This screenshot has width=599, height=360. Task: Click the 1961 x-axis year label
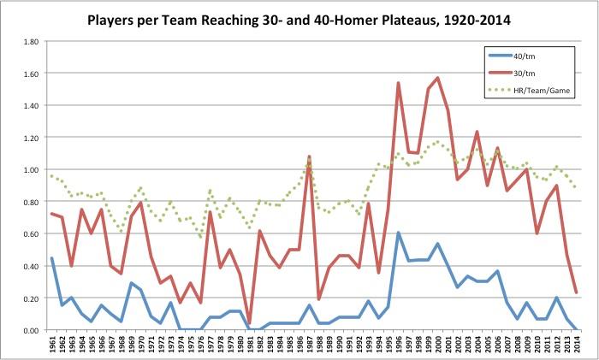(53, 345)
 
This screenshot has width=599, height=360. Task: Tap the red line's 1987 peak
(309, 156)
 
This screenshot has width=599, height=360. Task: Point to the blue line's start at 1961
(53, 258)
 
